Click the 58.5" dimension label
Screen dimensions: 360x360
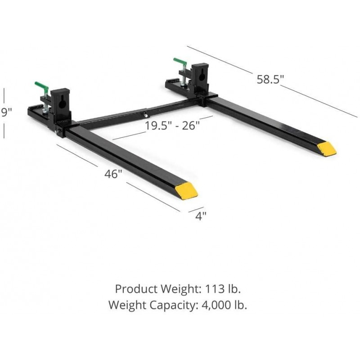(270, 80)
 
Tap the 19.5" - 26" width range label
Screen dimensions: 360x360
(172, 125)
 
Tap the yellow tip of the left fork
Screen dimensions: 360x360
(186, 190)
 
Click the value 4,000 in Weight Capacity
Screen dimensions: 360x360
(214, 305)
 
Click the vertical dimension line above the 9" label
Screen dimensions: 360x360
(4, 95)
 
